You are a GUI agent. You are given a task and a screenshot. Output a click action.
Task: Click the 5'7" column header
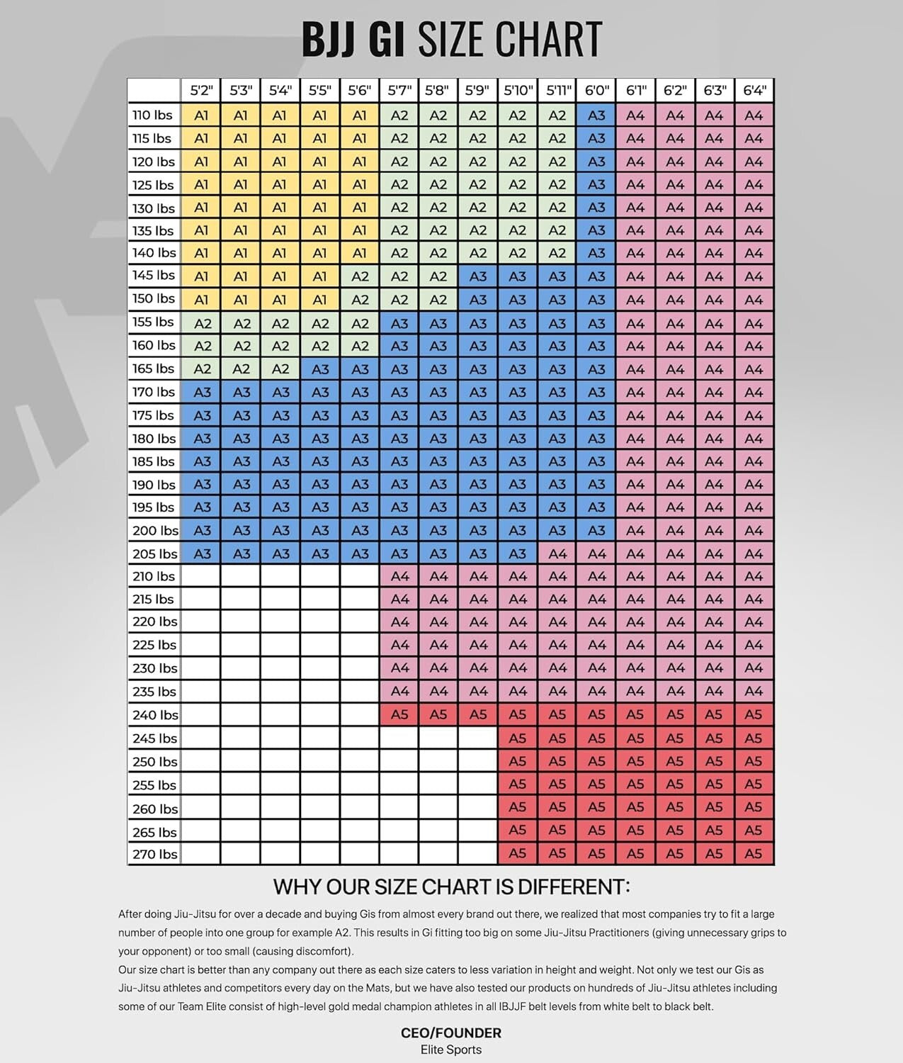(399, 91)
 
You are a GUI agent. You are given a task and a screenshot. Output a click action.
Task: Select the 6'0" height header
(596, 91)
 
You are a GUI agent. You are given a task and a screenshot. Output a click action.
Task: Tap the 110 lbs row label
(153, 115)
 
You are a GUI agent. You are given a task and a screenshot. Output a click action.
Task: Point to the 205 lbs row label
(154, 553)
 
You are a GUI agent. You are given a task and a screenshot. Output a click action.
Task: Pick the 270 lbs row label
(154, 854)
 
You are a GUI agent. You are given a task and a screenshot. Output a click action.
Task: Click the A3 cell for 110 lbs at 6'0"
(596, 115)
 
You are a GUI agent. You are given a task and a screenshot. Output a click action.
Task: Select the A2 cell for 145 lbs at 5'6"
(360, 276)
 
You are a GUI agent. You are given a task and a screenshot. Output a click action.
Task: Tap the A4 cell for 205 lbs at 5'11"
(557, 553)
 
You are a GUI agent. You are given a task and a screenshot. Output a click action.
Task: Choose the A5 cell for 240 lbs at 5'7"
(399, 714)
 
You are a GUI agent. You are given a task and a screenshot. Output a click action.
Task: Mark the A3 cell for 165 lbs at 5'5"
(320, 369)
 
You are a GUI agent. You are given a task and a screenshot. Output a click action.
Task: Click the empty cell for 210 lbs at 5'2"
(201, 576)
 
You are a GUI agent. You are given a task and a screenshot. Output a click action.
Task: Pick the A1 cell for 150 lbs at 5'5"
(320, 300)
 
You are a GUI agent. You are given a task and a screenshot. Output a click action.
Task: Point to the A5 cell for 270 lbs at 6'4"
(754, 854)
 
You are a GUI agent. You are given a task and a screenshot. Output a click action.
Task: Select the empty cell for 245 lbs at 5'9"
(478, 738)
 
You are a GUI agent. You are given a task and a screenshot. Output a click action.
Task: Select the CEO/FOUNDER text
(451, 1033)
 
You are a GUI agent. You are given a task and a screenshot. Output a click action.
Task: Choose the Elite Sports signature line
(451, 1050)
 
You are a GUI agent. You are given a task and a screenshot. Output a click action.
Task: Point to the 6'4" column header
(754, 91)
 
